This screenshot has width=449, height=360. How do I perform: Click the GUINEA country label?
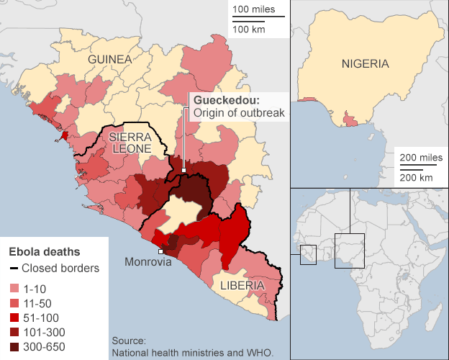coord(110,59)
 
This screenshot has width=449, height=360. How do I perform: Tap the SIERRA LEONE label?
coord(130,142)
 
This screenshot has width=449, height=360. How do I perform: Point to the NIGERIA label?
coord(365,63)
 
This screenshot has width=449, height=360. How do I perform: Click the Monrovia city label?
coord(149,262)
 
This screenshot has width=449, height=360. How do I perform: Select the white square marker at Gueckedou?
coord(184,171)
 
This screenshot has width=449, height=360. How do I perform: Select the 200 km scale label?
coord(416,177)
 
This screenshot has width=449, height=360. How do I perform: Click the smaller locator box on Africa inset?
coord(308,253)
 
